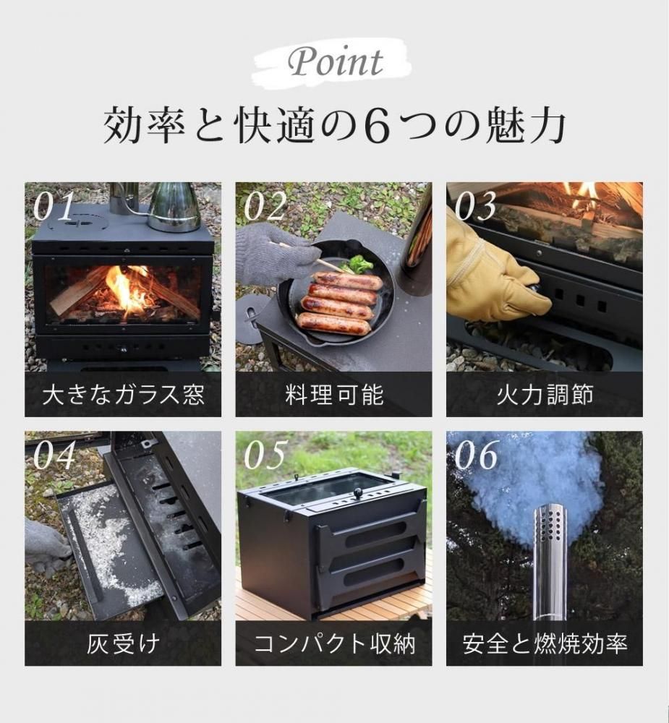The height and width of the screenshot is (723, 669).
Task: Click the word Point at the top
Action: click(336, 61)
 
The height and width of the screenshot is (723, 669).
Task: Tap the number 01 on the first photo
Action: click(53, 206)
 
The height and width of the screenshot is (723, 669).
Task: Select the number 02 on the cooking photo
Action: click(265, 206)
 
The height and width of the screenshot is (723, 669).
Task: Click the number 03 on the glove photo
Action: click(475, 206)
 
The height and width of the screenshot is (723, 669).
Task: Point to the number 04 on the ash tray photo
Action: click(54, 455)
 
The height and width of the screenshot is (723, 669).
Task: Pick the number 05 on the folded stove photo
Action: click(265, 455)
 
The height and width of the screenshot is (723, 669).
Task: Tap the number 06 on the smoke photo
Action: click(476, 455)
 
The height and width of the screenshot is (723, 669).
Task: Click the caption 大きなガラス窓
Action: click(123, 395)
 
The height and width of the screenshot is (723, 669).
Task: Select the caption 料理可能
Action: click(334, 395)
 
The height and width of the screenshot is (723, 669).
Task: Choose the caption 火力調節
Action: click(545, 395)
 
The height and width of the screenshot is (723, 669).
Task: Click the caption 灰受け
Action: click(123, 643)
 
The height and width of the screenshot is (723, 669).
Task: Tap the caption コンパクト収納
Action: click(334, 643)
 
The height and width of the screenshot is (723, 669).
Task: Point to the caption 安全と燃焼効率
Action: click(545, 643)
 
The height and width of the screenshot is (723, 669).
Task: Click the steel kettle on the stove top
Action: click(173, 207)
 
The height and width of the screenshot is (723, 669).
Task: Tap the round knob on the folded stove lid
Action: click(358, 494)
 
